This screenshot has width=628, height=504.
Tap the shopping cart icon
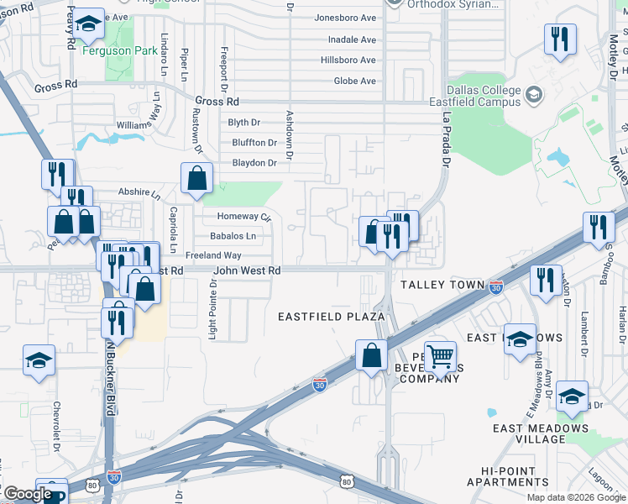[440, 357]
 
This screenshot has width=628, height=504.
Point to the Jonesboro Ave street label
[345, 18]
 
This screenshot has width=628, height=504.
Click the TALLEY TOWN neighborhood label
[442, 285]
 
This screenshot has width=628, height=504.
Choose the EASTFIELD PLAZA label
[332, 317]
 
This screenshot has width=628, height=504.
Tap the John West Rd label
[247, 271]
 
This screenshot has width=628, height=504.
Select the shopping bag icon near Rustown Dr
[196, 179]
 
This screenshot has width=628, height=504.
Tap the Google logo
[28, 494]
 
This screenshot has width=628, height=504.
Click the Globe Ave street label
[355, 81]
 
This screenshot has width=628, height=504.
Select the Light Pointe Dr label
[212, 311]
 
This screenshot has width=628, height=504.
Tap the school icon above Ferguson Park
[88, 25]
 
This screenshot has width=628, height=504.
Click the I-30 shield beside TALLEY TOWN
[496, 286]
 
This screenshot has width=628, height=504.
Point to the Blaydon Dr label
[254, 164]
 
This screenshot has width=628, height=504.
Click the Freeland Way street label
[213, 255]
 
